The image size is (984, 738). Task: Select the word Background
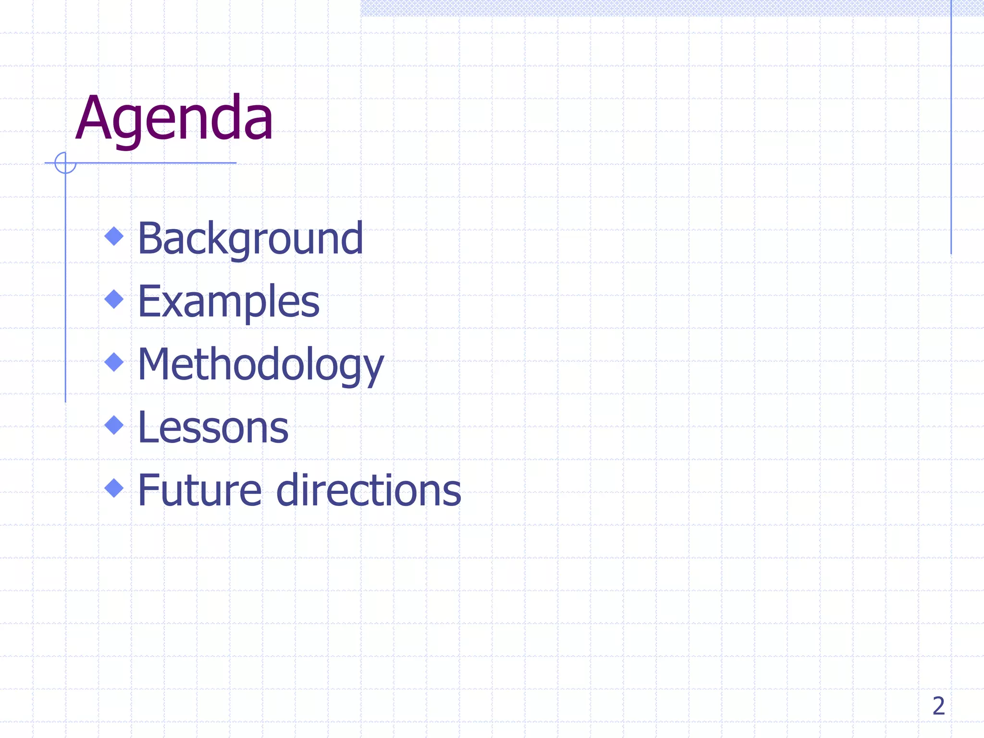(x=250, y=238)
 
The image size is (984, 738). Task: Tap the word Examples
(x=229, y=301)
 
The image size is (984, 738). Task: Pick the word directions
(x=369, y=491)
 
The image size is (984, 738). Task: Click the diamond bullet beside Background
(x=114, y=236)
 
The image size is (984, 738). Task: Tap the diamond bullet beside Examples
(x=114, y=299)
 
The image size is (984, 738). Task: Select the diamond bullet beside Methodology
(x=114, y=362)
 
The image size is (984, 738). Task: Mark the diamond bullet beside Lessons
(x=114, y=425)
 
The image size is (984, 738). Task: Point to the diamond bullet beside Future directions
(x=114, y=488)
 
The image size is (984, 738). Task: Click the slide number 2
(x=938, y=706)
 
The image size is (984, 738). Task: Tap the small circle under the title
(x=65, y=163)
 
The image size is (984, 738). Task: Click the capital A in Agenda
(x=94, y=118)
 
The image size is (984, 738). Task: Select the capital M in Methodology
(x=155, y=364)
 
